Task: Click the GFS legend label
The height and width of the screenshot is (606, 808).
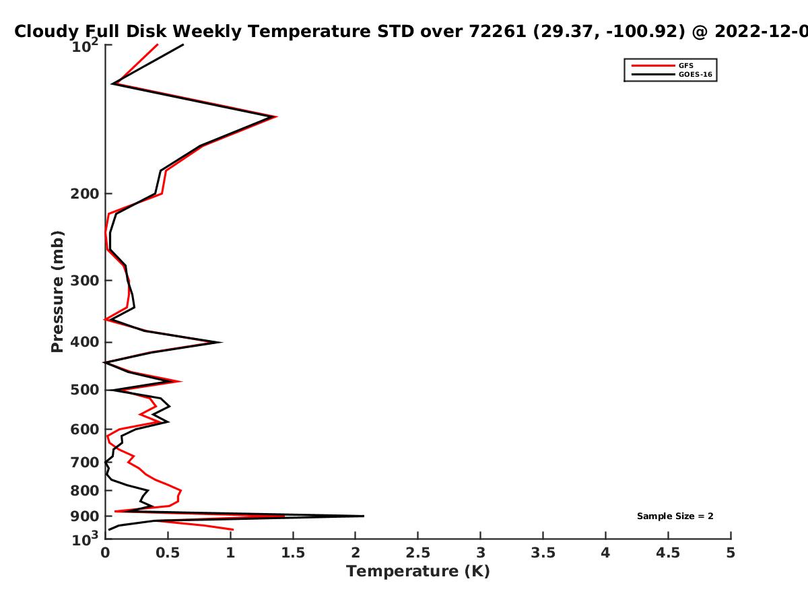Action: tap(685, 65)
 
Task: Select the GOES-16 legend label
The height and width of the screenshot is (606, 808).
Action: tap(696, 74)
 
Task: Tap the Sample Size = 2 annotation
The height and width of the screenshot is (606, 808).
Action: tap(675, 516)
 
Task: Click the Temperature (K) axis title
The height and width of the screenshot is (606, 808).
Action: tap(418, 572)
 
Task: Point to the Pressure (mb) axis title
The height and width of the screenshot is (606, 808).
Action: tap(57, 292)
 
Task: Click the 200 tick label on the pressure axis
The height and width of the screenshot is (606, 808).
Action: tap(85, 193)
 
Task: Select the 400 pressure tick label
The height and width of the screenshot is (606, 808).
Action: tap(85, 342)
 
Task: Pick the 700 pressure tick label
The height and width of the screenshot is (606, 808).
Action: tap(85, 462)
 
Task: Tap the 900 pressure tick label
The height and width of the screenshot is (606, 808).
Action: tap(85, 516)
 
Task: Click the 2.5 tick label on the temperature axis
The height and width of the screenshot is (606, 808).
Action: tap(418, 553)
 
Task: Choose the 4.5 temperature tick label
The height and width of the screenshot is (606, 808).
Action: tap(668, 553)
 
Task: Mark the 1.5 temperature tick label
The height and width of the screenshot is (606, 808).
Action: tap(293, 553)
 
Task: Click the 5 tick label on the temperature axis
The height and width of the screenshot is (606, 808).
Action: tap(731, 553)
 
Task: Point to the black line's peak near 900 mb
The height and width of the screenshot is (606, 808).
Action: tap(364, 516)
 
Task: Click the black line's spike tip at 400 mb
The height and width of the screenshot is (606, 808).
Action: tap(222, 342)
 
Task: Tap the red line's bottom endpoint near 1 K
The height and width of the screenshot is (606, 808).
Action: tap(233, 530)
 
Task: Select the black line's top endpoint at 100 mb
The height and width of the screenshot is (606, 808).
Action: tap(183, 44)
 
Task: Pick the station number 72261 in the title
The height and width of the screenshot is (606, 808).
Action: tap(498, 32)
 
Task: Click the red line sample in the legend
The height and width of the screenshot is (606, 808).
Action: tap(653, 65)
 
